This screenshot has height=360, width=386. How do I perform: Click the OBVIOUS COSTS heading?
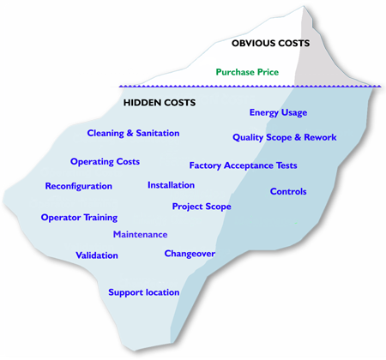270,43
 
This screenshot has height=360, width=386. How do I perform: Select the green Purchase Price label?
247,72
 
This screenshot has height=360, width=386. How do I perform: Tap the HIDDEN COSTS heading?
160,103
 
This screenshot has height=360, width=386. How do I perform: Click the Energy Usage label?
278,112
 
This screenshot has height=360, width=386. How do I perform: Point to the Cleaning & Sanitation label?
133,133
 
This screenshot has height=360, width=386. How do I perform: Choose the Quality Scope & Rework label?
285,137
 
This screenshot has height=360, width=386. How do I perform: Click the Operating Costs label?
105,162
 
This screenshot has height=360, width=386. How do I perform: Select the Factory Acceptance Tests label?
243,165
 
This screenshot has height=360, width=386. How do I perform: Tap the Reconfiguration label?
79,186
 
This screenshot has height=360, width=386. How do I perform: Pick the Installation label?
171,185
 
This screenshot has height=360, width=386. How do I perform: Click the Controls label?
288,191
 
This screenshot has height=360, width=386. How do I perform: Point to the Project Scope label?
202,207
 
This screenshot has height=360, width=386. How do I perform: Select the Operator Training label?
79,218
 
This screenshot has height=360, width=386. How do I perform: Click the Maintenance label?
140,235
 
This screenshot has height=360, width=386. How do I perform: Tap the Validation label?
97,255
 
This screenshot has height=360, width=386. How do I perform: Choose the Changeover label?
190,254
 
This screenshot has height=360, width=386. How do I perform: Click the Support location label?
144,292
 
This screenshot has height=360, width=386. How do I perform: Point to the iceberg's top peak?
304,6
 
